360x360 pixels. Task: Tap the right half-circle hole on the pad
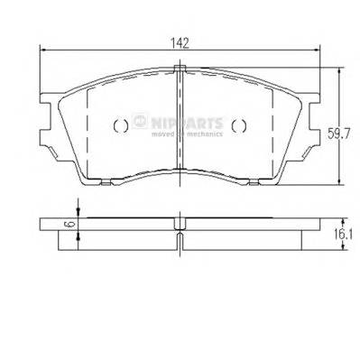point(237,126)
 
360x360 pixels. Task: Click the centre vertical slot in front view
point(180,126)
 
